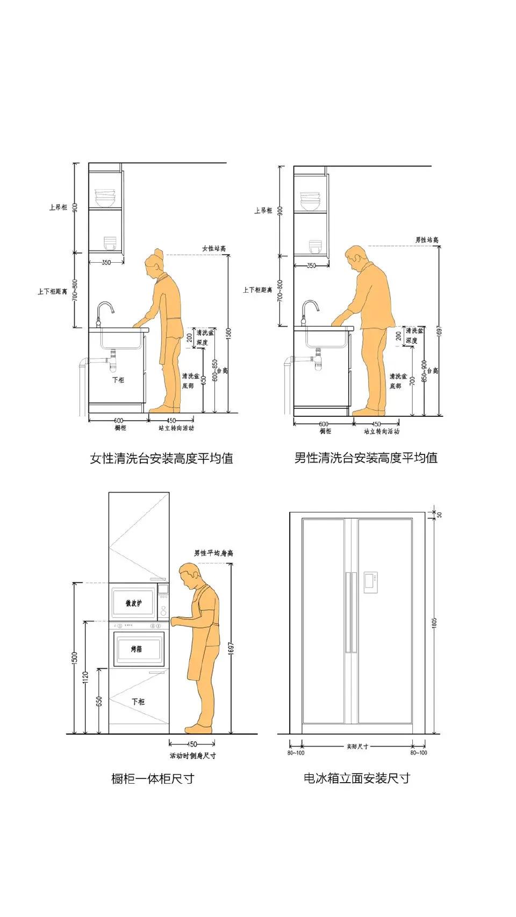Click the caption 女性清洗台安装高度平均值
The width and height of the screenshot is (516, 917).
pyautogui.click(x=161, y=459)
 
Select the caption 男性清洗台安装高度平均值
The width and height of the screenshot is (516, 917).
pyautogui.click(x=365, y=458)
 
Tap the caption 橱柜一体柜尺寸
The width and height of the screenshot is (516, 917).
pyautogui.click(x=152, y=778)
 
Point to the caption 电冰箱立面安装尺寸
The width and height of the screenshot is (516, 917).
pyautogui.click(x=356, y=778)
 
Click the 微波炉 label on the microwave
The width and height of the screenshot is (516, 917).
pyautogui.click(x=134, y=604)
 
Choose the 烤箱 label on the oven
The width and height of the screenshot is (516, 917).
pyautogui.click(x=137, y=649)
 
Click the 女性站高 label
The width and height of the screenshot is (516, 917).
pyautogui.click(x=213, y=248)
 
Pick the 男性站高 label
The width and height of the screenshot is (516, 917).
pyautogui.click(x=427, y=240)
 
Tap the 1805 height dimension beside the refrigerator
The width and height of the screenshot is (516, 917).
pyautogui.click(x=434, y=623)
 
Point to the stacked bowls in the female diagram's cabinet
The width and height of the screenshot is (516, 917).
pyautogui.click(x=105, y=198)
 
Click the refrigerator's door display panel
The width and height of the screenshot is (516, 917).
pyautogui.click(x=371, y=582)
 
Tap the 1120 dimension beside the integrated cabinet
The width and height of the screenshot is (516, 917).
pyautogui.click(x=86, y=678)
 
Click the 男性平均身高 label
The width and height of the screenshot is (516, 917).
pyautogui.click(x=213, y=553)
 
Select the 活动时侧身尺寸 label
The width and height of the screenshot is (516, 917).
pyautogui.click(x=192, y=756)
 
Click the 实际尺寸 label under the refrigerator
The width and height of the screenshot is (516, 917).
pyautogui.click(x=357, y=746)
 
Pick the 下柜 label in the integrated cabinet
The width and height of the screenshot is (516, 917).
pyautogui.click(x=138, y=702)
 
